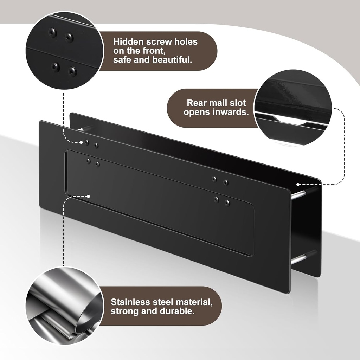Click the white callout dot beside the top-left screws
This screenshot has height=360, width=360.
point(81,142)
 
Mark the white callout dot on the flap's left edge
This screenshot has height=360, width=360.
point(88,196)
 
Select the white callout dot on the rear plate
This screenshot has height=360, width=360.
point(298,184)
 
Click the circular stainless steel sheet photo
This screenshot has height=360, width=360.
point(65,306)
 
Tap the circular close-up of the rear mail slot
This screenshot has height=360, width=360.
point(293,108)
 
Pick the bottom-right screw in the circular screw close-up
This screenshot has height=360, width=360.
point(72,71)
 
